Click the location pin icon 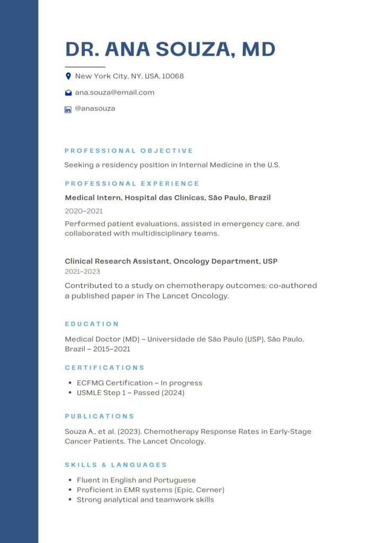(68, 76)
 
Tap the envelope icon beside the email (68, 93)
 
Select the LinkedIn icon (68, 110)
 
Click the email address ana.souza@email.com (115, 92)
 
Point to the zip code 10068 (172, 76)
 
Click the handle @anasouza (95, 109)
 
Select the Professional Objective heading (129, 151)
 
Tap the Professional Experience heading (132, 183)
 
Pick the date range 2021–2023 (82, 271)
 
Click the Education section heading (92, 323)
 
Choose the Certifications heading (104, 367)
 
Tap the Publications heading (100, 416)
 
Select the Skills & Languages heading (116, 465)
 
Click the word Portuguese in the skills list (175, 480)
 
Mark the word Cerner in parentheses (209, 490)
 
